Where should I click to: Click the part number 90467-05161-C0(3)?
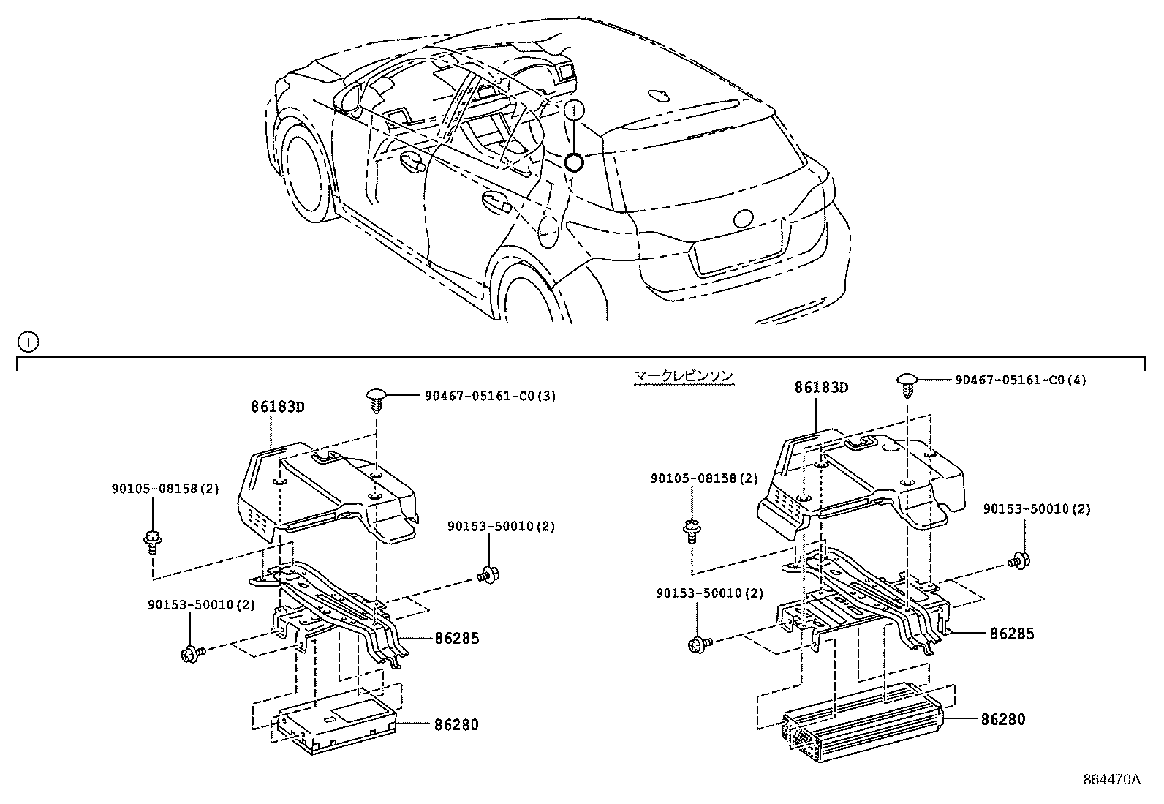(x=490, y=397)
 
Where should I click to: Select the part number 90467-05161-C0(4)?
(x=1021, y=380)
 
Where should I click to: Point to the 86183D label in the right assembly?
(x=821, y=388)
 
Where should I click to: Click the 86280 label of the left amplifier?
(x=456, y=724)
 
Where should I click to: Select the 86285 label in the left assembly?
(x=456, y=638)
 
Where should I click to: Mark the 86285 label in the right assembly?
(x=1012, y=634)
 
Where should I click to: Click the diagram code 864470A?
(x=1111, y=779)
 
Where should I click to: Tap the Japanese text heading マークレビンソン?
(x=683, y=377)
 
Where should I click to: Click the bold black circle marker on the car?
(x=574, y=162)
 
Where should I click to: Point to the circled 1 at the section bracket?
(x=27, y=342)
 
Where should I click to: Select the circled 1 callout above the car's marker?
(x=575, y=110)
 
